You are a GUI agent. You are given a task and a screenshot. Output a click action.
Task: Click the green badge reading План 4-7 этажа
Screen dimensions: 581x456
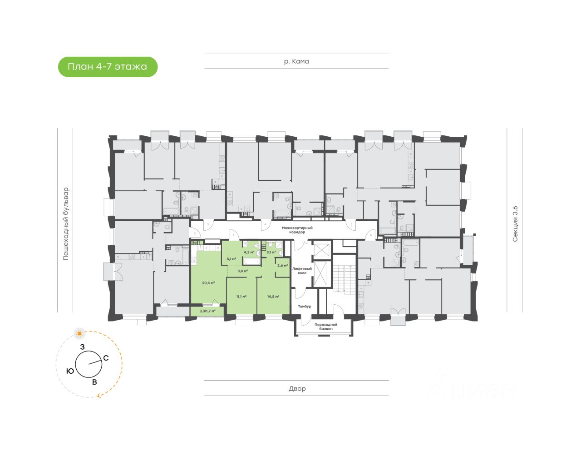(108, 67)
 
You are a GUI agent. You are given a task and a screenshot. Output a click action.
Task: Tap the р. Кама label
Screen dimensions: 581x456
(296, 61)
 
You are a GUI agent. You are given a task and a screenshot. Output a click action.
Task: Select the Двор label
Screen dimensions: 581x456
(297, 389)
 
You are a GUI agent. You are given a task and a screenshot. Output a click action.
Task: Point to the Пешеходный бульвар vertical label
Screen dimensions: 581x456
(66, 223)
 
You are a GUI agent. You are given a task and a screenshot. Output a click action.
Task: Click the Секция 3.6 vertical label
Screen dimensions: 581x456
(515, 223)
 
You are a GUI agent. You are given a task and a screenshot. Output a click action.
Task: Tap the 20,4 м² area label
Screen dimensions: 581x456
(208, 283)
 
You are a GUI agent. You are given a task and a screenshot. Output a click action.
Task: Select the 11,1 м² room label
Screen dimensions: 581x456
(241, 297)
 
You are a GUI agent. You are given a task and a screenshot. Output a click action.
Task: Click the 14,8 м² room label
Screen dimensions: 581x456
(273, 297)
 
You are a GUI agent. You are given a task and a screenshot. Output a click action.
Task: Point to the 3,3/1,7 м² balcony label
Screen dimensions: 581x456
(207, 311)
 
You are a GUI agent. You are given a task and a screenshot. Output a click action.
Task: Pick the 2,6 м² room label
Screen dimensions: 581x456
(282, 266)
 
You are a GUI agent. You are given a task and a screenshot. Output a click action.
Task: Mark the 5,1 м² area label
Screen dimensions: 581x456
(231, 259)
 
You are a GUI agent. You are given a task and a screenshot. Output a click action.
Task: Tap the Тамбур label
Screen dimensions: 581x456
(305, 306)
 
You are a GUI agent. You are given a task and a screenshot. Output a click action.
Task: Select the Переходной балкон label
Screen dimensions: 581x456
(325, 327)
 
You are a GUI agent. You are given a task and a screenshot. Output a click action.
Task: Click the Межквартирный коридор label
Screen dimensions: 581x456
(297, 230)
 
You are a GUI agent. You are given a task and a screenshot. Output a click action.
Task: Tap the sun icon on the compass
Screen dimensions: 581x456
(80, 334)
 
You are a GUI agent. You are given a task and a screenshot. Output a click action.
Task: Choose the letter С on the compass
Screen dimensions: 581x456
(106, 358)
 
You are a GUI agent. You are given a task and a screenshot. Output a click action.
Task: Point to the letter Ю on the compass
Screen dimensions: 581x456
(70, 371)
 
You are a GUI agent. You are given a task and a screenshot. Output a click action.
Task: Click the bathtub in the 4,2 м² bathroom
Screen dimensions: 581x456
(251, 261)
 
